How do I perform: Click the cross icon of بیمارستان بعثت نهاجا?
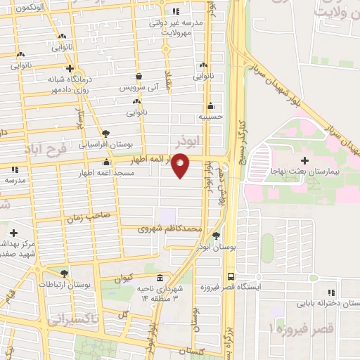click(x=304, y=160)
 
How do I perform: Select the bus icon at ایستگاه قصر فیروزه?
click(x=231, y=277)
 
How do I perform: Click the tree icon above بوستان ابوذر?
click(x=216, y=236)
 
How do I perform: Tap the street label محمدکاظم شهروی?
click(x=170, y=229)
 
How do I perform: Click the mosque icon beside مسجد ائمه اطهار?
click(x=106, y=162)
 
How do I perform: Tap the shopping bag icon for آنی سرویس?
click(x=139, y=76)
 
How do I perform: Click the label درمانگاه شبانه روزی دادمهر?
click(x=70, y=85)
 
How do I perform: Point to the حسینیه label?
click(x=210, y=117)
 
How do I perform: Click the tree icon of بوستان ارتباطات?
click(x=65, y=274)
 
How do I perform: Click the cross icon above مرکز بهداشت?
click(x=13, y=232)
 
